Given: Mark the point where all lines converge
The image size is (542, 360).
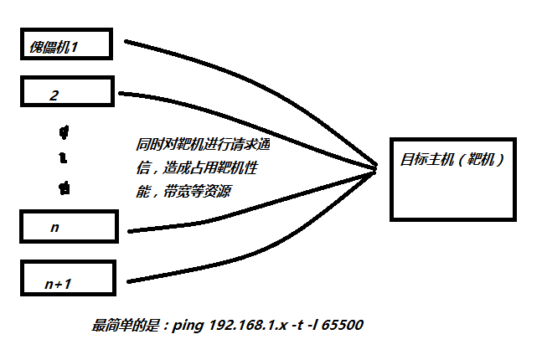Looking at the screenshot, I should pos(374,171).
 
